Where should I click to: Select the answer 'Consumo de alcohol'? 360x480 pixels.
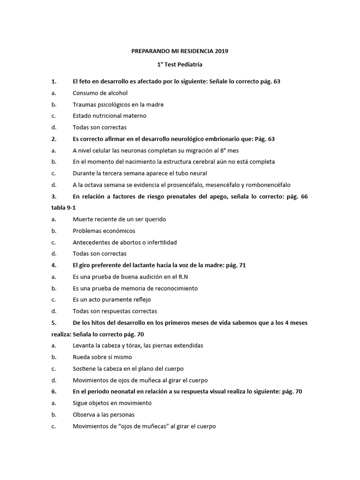pos(100,93)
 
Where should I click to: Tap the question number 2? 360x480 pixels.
pos(54,139)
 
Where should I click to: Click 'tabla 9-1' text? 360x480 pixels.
pos(62,208)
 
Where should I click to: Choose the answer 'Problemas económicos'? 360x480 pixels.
pos(104,231)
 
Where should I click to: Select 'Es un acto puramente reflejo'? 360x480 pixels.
pos(112,300)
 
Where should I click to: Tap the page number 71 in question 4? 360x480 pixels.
pos(242,265)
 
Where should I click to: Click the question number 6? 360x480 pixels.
pos(54,391)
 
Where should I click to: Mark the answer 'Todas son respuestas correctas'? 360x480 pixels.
pos(115,311)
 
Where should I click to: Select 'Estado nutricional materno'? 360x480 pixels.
pos(109,116)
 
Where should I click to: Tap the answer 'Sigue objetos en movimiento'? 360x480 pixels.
pos(112,403)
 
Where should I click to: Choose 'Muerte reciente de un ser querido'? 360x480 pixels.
pos(119,219)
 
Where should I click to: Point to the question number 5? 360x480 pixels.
pos(54,322)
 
